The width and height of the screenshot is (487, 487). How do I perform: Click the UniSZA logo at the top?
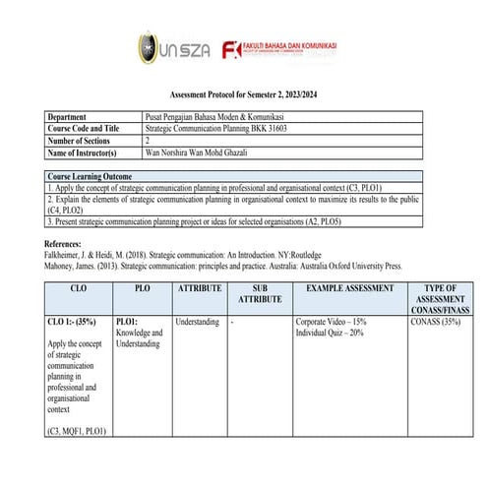click(171, 47)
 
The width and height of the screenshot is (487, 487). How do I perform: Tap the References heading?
click(68, 242)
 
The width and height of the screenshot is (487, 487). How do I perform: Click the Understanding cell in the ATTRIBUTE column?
click(197, 322)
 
